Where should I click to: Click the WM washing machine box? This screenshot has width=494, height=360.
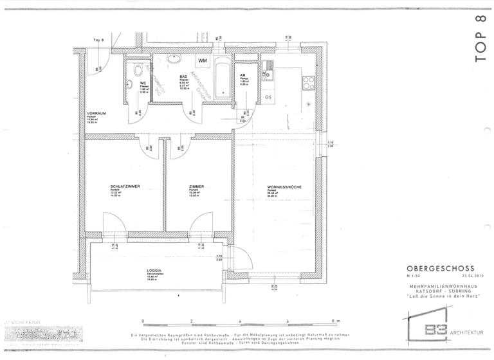203,61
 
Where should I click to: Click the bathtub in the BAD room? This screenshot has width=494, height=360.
223,79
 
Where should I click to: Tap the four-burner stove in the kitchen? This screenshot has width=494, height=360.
307,82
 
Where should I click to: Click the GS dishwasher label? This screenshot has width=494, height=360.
268,96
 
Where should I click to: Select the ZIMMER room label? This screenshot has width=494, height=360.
196,186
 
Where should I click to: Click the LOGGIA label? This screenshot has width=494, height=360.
153,270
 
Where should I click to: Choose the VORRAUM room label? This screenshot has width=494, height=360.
96,113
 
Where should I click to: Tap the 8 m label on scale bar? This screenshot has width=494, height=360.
336,321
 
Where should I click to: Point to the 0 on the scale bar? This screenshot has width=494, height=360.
143,321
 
